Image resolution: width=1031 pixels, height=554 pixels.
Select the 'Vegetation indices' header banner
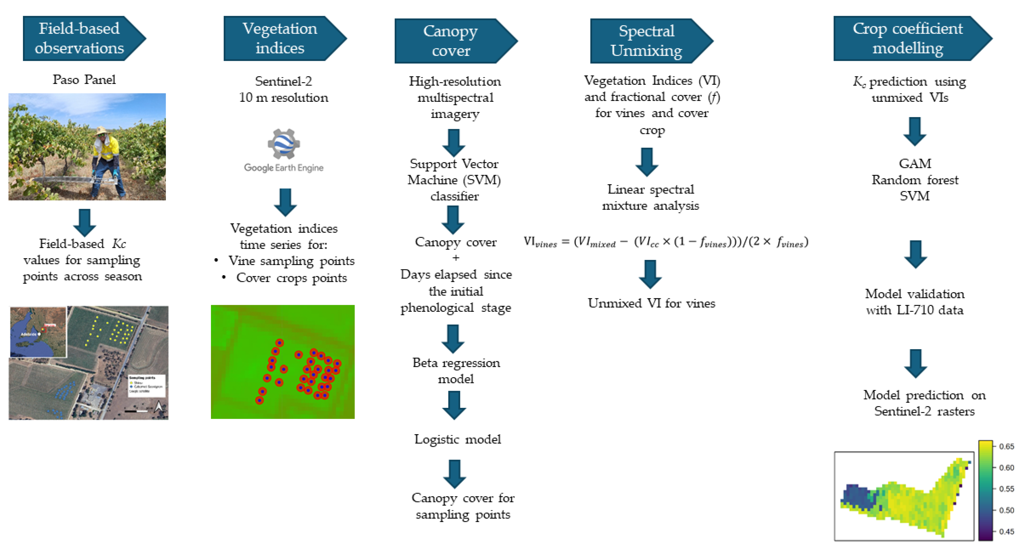click(280, 38)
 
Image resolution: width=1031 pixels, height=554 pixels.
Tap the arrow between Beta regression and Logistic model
click(454, 405)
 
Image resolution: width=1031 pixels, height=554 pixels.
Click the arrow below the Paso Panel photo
click(84, 222)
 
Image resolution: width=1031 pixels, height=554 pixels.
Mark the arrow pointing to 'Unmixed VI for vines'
click(650, 274)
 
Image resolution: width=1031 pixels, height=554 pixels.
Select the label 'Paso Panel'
click(84, 80)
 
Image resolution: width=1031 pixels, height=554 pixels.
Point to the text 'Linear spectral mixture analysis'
click(650, 197)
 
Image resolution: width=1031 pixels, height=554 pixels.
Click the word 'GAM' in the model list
click(915, 164)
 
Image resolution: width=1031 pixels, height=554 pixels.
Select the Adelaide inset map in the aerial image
click(38, 332)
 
